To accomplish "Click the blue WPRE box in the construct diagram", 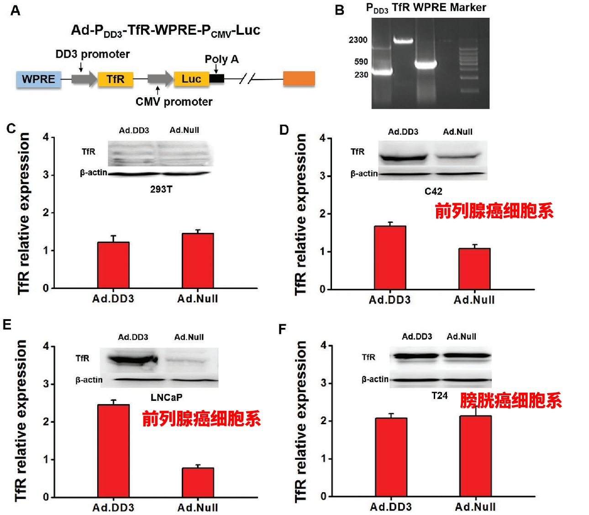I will tap(38, 79).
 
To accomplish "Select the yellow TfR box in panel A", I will tap(115, 79).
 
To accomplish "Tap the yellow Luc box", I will tap(191, 79).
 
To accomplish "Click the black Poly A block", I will tap(217, 79).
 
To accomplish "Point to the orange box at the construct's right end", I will tap(299, 79).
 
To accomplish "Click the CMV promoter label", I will tap(174, 102).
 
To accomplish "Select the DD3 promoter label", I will tap(93, 54).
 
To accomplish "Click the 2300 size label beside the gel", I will tap(358, 40).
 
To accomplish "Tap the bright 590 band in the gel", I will tap(426, 64).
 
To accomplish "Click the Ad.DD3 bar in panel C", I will tap(113, 265).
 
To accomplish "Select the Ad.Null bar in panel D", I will tap(474, 269).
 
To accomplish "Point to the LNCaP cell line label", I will tap(166, 398).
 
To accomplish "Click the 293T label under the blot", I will tap(161, 189).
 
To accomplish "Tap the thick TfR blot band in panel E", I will tap(133, 359).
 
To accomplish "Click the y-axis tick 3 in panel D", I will tap(322, 176).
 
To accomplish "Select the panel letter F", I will tap(283, 329).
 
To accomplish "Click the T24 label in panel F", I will tap(440, 396).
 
